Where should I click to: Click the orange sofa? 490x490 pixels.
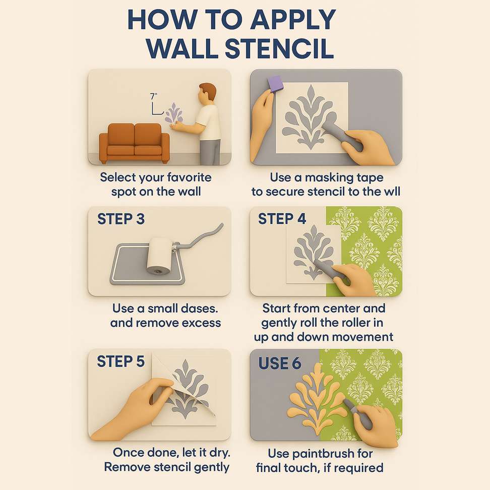coord(135,143)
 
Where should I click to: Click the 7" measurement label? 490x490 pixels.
coord(153,96)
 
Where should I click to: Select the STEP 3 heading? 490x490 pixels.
coord(121,219)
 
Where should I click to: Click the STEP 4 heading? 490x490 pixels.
coord(282,219)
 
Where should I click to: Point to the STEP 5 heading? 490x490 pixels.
coord(120,361)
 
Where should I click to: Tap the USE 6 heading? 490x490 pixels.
coord(280,363)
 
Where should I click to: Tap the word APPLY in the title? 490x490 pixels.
coord(293,19)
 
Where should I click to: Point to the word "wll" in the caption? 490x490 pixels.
coord(392,192)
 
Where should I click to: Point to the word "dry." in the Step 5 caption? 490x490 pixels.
coord(219,453)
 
